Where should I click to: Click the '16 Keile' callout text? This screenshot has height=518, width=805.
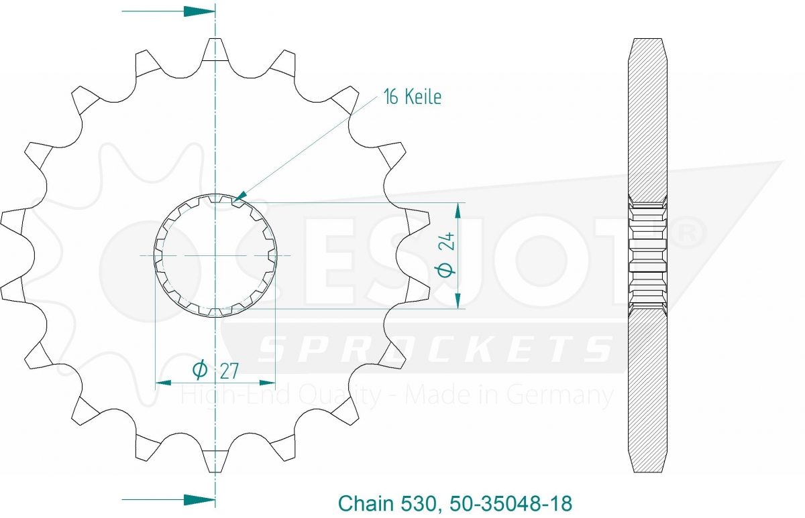coord(413,96)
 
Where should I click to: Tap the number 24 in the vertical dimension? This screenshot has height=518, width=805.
coord(447,241)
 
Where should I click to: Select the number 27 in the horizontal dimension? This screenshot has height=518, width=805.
coord(229,371)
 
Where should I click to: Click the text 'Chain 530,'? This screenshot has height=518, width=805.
coord(388,503)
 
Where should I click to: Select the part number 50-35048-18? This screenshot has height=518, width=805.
coord(511,503)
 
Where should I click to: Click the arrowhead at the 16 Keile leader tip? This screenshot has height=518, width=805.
coord(240,195)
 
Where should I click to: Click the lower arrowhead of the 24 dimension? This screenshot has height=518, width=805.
coord(458,300)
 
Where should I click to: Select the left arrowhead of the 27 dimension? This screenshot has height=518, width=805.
coord(163,383)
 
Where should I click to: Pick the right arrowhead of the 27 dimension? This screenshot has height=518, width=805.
coord(268,383)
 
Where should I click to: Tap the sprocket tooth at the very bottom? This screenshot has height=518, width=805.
coord(215,460)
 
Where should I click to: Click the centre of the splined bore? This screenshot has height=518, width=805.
coord(215,255)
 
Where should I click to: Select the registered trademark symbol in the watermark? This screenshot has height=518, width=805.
coord(687,233)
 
